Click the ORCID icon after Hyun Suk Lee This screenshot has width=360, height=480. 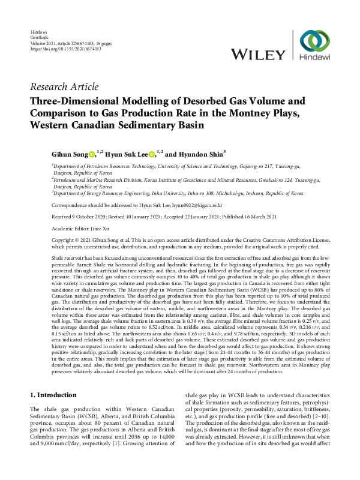pos(152,154)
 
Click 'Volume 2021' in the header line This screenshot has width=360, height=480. pos(44,43)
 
